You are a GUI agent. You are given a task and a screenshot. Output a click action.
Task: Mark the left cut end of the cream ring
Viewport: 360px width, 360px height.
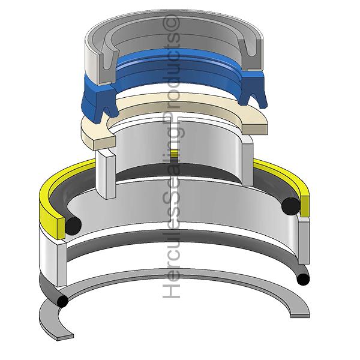click(104, 143)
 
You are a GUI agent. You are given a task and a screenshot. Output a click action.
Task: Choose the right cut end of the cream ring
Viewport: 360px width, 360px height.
click(255, 128)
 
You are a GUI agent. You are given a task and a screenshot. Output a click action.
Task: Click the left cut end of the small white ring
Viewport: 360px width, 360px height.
click(110, 175)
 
